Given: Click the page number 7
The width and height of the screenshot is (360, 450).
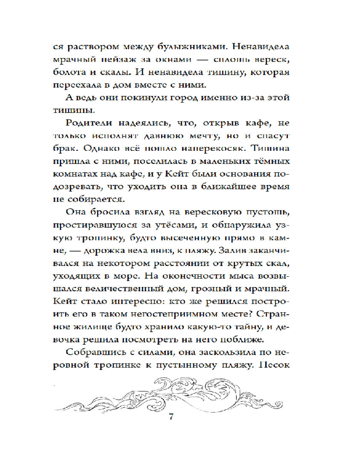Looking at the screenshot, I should coord(171,414).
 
